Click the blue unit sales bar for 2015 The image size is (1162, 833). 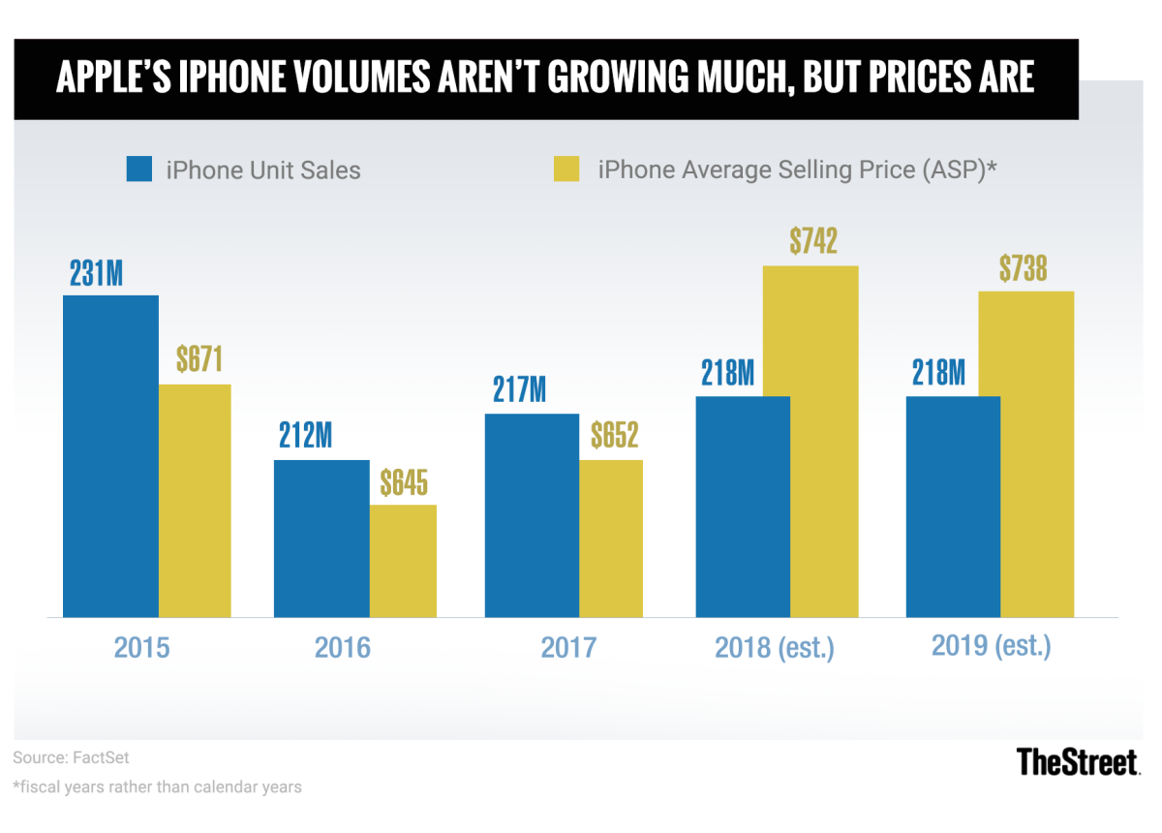(x=110, y=455)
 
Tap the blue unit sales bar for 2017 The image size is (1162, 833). (x=532, y=515)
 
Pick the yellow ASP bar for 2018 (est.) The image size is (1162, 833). (x=810, y=441)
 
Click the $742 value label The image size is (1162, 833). (x=810, y=241)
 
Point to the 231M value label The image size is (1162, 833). (x=96, y=273)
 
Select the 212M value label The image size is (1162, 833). (x=306, y=437)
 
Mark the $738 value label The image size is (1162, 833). (x=1024, y=267)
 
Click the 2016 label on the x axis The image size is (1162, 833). (x=343, y=647)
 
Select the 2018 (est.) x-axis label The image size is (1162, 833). (x=775, y=647)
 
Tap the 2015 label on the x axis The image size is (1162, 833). (x=141, y=647)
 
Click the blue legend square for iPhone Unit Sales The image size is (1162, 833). (x=139, y=170)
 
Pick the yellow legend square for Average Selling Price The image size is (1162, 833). (x=566, y=170)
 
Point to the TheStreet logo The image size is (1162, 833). (x=1077, y=761)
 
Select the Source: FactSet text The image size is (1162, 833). (x=71, y=756)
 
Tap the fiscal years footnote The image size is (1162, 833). (x=157, y=787)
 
